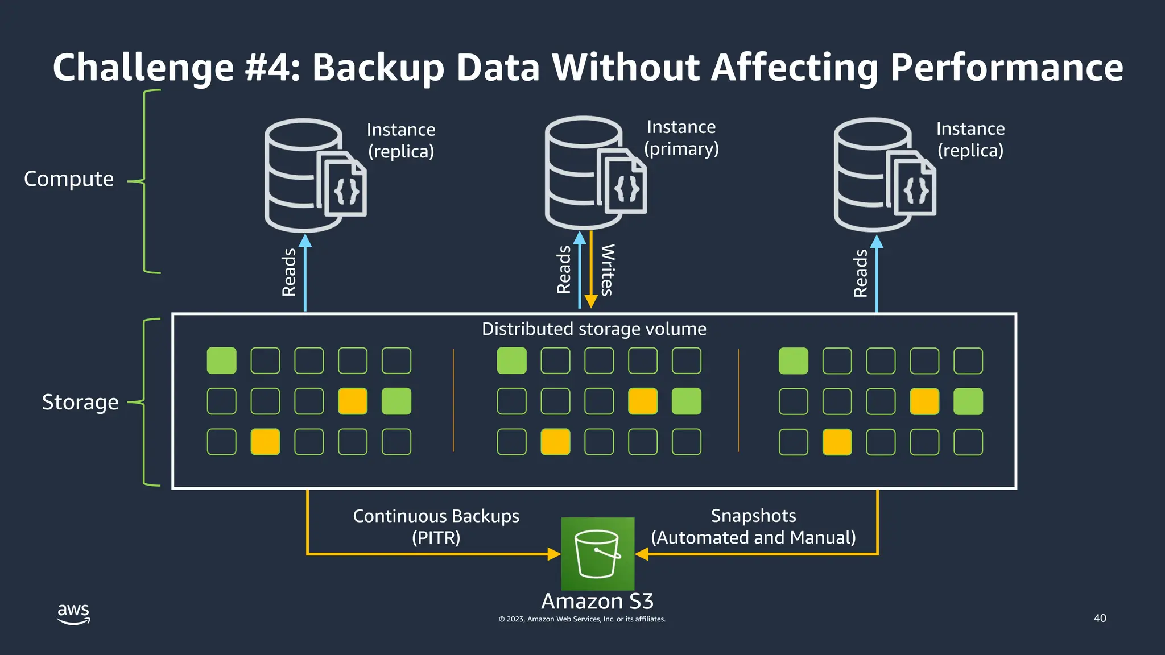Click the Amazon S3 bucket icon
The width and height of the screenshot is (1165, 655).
coord(597,553)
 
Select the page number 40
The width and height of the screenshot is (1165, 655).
coord(1100,618)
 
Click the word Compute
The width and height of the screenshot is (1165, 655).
coord(69,179)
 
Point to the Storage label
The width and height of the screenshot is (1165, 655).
coord(80,402)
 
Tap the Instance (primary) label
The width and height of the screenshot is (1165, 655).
coord(681,138)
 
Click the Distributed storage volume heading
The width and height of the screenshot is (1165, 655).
coord(594,329)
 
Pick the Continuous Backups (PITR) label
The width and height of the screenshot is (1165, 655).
coord(436,527)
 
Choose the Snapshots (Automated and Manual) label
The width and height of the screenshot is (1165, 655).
coord(753,526)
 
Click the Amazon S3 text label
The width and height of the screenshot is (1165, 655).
coord(597,601)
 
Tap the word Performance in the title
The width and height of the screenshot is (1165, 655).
coord(1006,68)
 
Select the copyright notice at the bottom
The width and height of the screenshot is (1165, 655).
coord(582,619)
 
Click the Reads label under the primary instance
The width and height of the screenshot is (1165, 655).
coord(563,270)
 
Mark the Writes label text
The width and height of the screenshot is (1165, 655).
coord(608,270)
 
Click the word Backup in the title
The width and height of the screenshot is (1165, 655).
coord(378,68)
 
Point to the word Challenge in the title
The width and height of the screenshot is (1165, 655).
coord(143,68)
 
